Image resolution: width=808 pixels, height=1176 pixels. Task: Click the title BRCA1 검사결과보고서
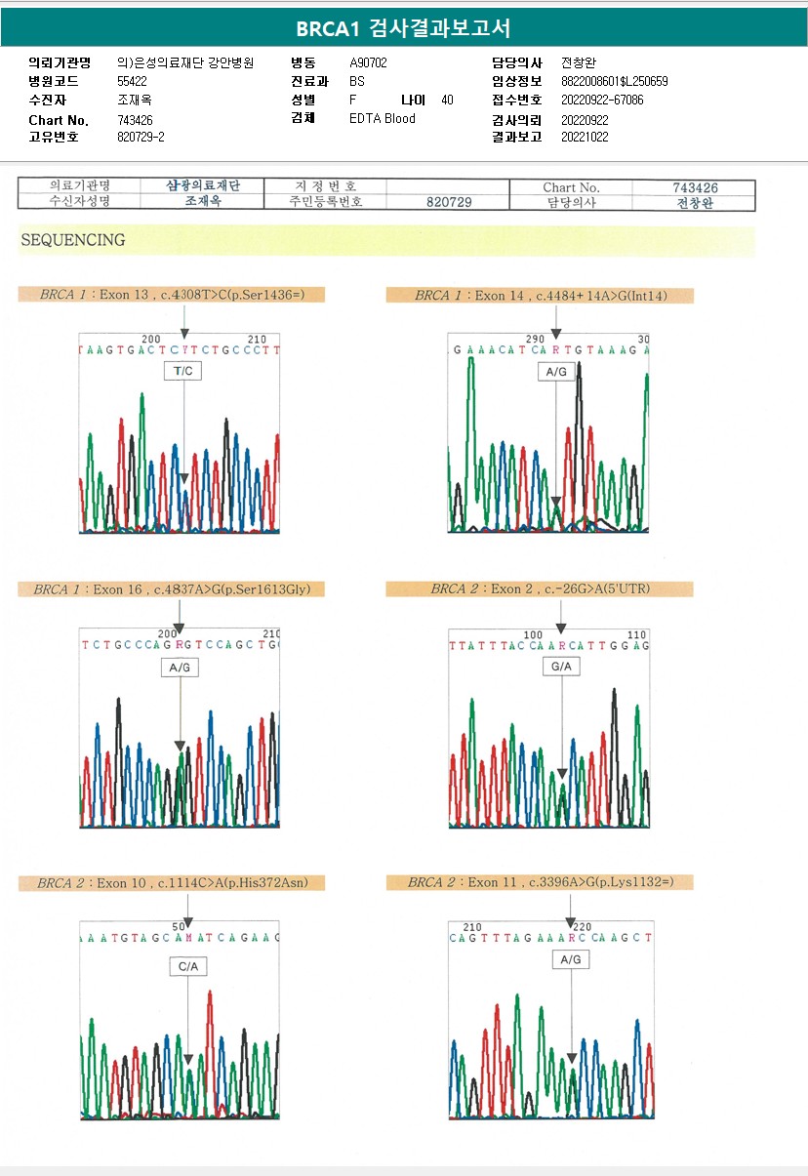click(403, 28)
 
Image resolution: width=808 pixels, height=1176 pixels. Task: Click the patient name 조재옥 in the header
click(135, 100)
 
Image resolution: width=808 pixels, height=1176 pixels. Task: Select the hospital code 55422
click(132, 81)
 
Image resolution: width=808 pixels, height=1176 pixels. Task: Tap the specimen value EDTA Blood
click(383, 118)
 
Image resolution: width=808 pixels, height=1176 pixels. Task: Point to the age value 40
click(447, 100)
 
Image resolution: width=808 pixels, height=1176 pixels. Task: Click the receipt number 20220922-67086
click(602, 100)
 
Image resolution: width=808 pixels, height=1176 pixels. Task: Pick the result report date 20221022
click(585, 137)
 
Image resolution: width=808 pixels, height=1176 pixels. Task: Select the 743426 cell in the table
click(695, 187)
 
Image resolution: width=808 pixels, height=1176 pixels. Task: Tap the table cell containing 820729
click(449, 202)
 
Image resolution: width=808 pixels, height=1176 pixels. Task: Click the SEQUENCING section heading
click(73, 240)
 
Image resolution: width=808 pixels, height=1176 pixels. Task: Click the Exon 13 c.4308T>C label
click(172, 294)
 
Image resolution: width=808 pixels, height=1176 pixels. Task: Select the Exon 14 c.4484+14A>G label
click(540, 295)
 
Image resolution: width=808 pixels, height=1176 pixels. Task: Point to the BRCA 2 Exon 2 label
click(540, 589)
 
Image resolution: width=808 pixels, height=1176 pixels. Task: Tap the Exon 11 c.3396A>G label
click(540, 882)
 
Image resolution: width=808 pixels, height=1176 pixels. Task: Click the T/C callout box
click(183, 371)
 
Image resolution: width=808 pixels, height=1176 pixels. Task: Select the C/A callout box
click(187, 966)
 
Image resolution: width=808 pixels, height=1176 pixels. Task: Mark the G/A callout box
click(561, 667)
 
